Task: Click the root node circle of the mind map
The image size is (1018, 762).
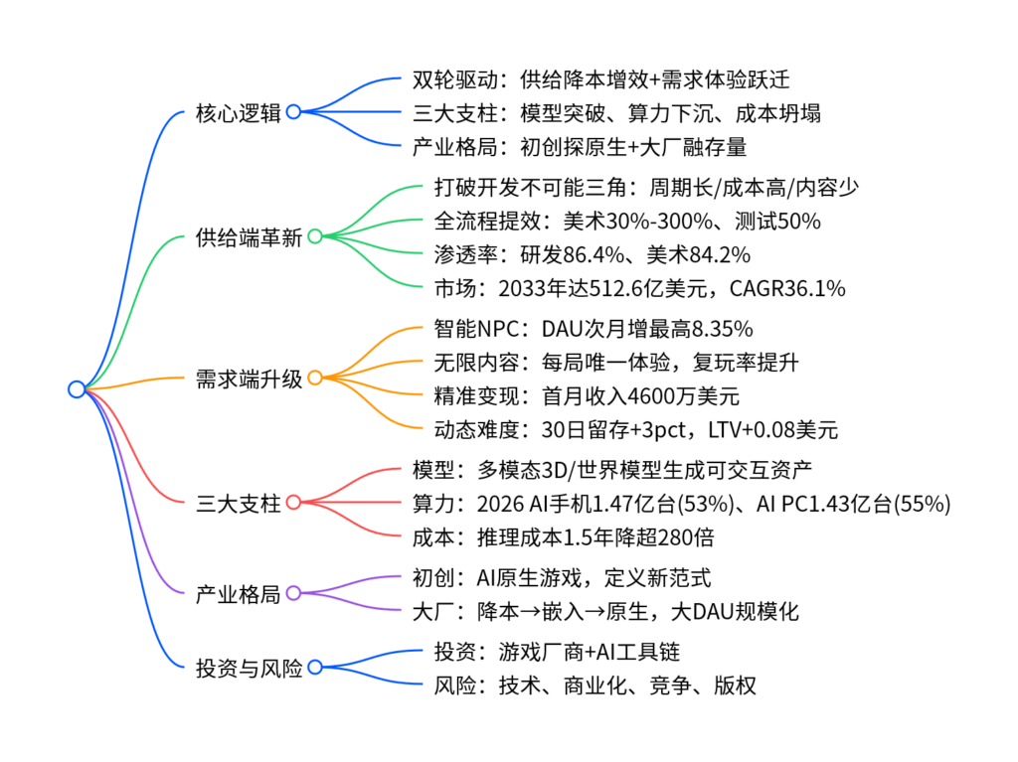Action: [x=77, y=389]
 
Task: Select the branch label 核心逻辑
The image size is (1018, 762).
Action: [x=239, y=112]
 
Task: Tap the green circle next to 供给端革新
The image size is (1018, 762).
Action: [x=314, y=237]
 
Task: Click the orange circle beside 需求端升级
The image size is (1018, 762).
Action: [x=314, y=379]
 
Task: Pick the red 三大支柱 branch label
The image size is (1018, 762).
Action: [x=239, y=503]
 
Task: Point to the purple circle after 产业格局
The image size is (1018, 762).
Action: [x=293, y=594]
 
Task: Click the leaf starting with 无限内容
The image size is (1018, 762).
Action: [x=616, y=363]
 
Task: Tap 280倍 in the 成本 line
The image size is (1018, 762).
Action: [x=683, y=537]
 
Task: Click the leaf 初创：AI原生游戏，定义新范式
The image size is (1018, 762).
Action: [x=561, y=577]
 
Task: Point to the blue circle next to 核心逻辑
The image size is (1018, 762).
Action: [x=293, y=112]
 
